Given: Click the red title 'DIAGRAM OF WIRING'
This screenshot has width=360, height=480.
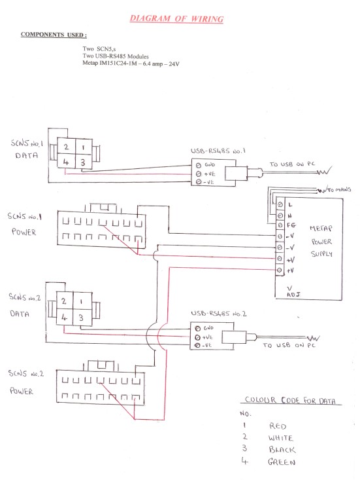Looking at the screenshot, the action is [176, 19].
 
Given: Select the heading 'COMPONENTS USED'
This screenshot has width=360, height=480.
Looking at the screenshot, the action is [54, 35].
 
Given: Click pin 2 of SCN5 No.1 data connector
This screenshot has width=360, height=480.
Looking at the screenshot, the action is [66, 147].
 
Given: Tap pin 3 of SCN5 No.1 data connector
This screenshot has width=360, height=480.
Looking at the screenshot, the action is [83, 162].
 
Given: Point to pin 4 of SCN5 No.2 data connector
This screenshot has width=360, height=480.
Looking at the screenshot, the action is [64, 317].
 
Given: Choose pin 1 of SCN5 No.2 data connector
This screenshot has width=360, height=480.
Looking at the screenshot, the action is [82, 301].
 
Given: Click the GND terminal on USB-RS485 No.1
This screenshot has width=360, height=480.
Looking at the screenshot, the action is [199, 165].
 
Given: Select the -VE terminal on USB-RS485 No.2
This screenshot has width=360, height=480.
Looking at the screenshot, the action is [197, 346].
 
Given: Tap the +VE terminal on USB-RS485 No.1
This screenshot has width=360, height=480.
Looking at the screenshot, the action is [199, 174].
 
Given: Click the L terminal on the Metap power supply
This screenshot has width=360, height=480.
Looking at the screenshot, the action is [280, 204].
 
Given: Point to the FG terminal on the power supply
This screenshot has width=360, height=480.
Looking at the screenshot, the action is [280, 225].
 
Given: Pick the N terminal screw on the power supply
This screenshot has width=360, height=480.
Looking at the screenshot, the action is [280, 215].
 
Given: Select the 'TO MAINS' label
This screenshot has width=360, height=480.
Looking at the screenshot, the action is [339, 190].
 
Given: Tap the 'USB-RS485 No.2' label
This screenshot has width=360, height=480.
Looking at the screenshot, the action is [219, 314].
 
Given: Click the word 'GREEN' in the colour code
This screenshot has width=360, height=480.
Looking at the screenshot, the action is [282, 462].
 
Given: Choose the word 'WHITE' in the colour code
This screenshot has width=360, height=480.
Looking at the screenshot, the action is [280, 438].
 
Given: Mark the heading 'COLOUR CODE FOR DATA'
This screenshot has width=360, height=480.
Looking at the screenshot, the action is [290, 400].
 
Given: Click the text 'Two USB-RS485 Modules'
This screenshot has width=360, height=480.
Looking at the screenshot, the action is [116, 56].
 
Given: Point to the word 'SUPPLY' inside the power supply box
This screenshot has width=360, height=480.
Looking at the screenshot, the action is [321, 254].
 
